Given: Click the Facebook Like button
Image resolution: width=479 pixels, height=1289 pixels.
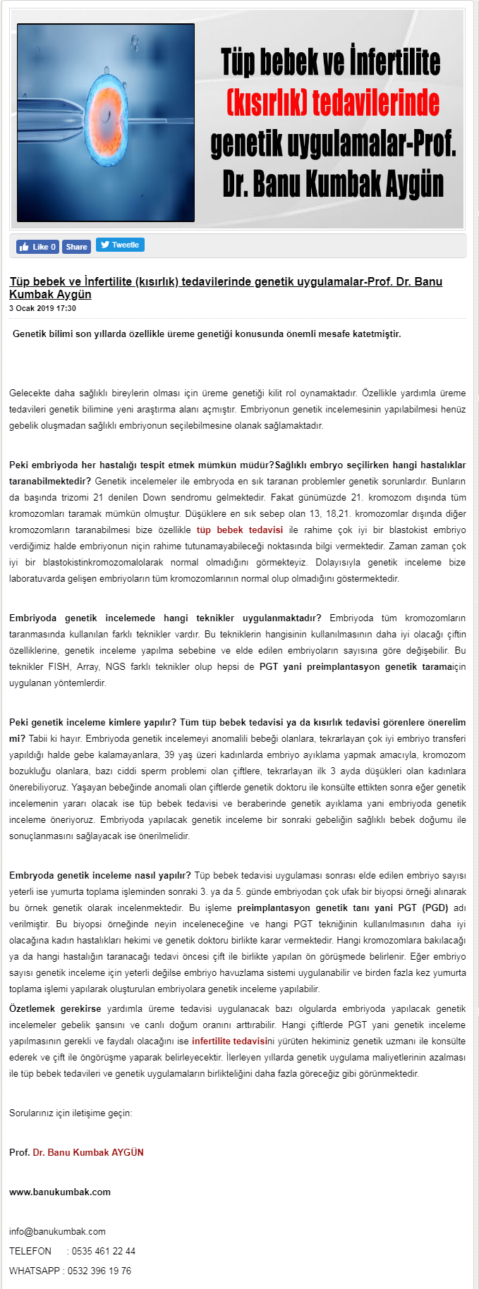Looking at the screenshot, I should (x=37, y=247).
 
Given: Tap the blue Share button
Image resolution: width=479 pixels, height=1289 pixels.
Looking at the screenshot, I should (x=76, y=247).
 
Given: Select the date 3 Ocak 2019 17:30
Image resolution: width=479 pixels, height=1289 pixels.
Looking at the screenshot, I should (x=42, y=308).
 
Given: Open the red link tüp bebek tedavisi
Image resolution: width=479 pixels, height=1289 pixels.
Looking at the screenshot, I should (x=240, y=530).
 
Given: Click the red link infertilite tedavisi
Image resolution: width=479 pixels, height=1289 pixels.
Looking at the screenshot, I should (x=229, y=1041).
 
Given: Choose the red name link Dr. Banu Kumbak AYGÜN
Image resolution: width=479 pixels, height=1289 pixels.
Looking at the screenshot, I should (x=88, y=1152).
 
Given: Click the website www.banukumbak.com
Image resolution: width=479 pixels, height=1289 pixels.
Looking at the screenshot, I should (x=60, y=1192).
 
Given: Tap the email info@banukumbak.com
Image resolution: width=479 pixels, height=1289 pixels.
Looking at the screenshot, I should (x=57, y=1231).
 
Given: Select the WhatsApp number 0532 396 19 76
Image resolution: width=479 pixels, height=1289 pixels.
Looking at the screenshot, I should (x=99, y=1271).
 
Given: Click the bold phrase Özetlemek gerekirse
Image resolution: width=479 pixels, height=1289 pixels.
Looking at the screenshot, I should (x=55, y=1008).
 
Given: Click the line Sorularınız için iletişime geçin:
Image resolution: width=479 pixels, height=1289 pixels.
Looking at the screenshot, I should (x=71, y=1113).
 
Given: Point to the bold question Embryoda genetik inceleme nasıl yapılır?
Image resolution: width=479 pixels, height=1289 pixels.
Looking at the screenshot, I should (x=100, y=875).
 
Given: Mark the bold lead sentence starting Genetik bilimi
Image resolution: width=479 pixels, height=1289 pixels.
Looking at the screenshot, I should (x=207, y=334).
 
